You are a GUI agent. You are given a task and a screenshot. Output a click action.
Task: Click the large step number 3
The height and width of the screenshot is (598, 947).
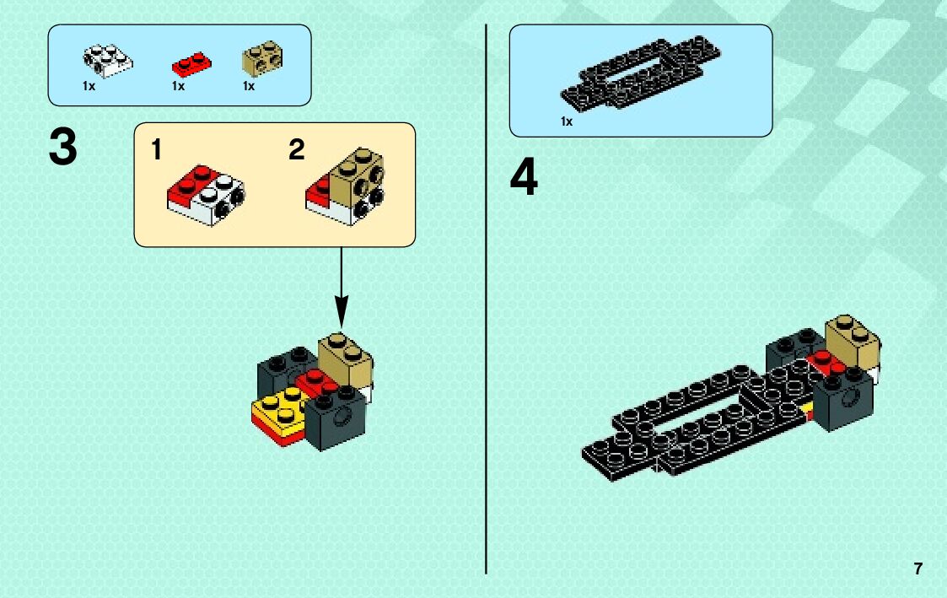[63, 148]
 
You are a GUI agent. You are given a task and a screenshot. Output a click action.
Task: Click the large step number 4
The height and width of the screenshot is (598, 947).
[524, 179]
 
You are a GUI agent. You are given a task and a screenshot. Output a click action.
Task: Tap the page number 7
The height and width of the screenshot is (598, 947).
[918, 568]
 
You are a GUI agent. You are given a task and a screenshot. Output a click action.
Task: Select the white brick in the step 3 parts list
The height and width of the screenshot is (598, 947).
[108, 59]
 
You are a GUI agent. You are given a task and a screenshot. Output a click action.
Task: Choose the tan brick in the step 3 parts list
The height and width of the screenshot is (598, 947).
[262, 57]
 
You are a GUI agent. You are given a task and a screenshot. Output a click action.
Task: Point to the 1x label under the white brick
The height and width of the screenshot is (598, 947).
[89, 86]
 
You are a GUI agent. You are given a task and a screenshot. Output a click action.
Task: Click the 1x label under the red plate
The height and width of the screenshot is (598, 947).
[178, 86]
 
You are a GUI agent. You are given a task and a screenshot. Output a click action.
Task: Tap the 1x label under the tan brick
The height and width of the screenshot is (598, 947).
[249, 86]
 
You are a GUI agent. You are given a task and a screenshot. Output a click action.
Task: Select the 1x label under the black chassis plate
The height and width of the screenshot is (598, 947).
[567, 121]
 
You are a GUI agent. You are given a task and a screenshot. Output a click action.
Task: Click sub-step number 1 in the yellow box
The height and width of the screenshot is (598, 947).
[157, 151]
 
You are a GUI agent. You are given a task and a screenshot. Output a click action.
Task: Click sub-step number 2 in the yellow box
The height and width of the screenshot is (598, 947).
[296, 151]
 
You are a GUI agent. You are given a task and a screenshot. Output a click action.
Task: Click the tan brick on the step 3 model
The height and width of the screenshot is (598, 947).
[346, 358]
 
